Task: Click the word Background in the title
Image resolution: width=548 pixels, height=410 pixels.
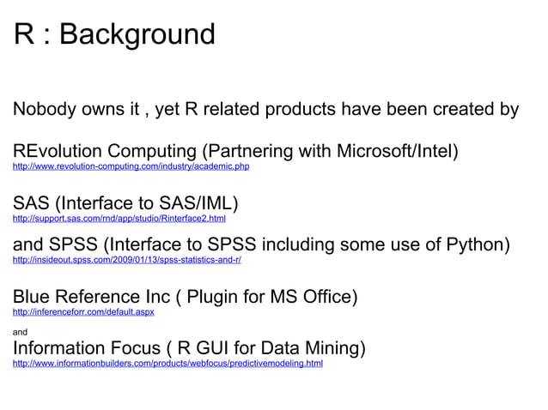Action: click(x=137, y=34)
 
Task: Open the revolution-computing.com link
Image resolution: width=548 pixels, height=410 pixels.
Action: click(x=131, y=166)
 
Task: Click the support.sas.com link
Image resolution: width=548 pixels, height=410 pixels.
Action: click(x=119, y=219)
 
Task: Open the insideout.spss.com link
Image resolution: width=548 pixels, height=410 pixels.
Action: click(x=126, y=258)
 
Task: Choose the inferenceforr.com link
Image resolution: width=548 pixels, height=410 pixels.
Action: click(x=83, y=311)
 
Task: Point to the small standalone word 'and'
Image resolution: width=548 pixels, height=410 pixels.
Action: click(x=20, y=331)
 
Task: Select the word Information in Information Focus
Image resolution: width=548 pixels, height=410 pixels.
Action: click(x=60, y=349)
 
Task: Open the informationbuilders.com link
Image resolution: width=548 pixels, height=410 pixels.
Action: click(x=167, y=363)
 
